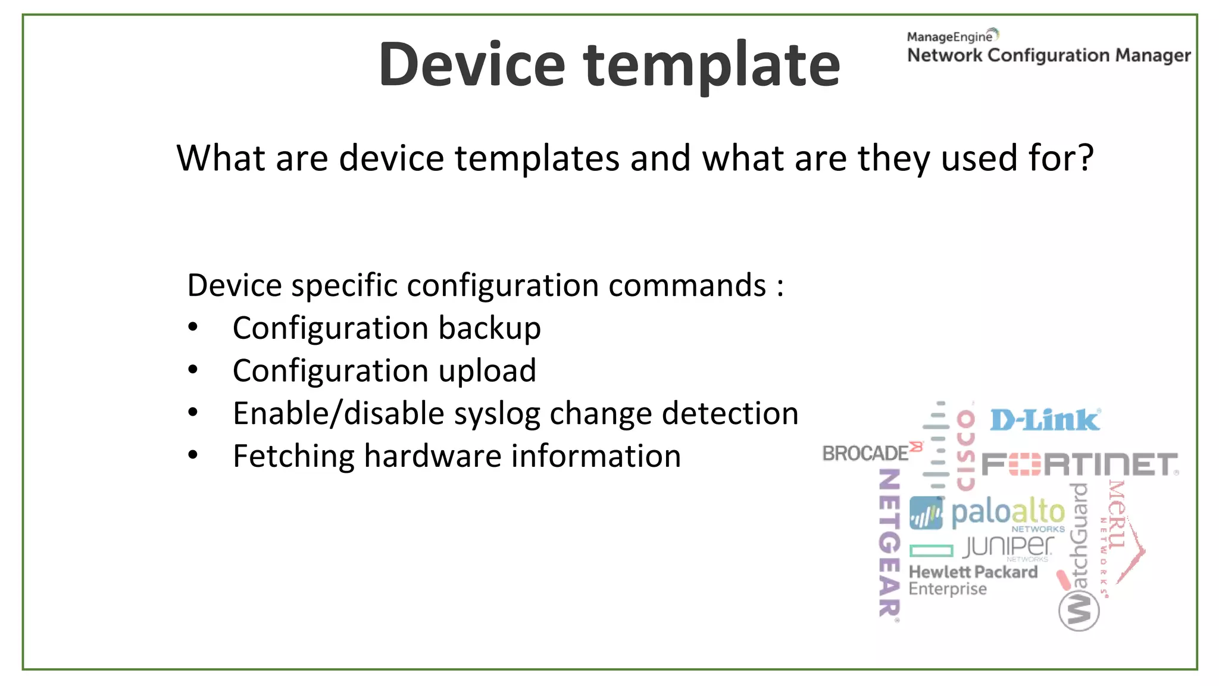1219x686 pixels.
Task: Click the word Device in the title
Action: (x=471, y=64)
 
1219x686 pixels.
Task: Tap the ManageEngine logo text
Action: (x=950, y=37)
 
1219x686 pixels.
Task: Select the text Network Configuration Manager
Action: (x=1049, y=55)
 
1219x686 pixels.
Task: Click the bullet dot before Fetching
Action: (x=192, y=456)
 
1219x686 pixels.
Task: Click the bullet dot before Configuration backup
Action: (x=192, y=328)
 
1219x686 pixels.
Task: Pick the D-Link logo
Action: (x=1045, y=420)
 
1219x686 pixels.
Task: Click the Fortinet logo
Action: (x=1079, y=465)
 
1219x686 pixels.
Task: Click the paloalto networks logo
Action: (x=988, y=514)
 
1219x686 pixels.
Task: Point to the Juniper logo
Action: (x=1008, y=547)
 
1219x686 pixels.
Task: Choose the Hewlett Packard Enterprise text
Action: (x=972, y=580)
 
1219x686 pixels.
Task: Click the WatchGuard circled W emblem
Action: (x=1079, y=611)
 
